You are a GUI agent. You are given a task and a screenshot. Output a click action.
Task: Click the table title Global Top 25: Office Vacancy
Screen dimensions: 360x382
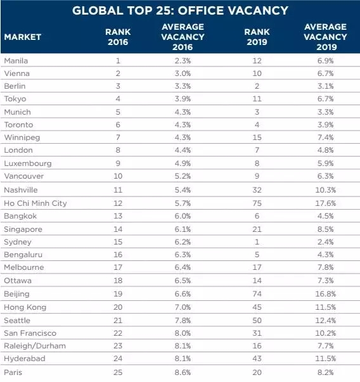(x=180, y=11)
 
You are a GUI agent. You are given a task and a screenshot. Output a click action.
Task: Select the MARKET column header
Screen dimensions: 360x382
(x=23, y=37)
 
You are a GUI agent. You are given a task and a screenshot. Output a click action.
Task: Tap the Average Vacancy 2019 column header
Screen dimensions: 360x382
(x=326, y=37)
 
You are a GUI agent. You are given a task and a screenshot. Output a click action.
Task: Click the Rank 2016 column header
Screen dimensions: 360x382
(x=118, y=37)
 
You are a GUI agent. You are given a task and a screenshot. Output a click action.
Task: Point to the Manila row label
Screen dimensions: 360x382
(x=16, y=61)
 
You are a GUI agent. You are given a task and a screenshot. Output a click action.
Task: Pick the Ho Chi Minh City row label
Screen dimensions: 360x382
(x=35, y=203)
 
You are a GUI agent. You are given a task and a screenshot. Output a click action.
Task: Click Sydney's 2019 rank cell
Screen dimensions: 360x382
(x=257, y=242)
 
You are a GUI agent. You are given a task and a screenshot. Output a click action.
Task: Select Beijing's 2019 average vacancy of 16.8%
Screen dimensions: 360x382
(x=326, y=294)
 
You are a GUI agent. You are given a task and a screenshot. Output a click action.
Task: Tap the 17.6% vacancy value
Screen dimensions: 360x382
(x=326, y=203)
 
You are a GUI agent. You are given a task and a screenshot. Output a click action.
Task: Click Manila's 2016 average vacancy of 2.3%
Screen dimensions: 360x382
(x=183, y=61)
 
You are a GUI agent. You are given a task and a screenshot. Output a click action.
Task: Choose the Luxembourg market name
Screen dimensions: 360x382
(x=28, y=163)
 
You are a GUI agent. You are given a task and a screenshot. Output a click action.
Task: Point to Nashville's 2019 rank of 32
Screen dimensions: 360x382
(x=257, y=190)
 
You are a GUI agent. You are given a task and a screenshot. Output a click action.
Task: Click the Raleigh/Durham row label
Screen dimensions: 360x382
(x=35, y=346)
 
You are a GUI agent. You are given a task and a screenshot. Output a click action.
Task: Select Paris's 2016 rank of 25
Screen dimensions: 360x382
(x=118, y=372)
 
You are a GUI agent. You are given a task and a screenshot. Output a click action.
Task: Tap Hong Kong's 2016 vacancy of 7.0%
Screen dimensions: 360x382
(x=183, y=307)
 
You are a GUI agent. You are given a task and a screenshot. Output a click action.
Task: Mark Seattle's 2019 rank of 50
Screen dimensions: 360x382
(x=257, y=321)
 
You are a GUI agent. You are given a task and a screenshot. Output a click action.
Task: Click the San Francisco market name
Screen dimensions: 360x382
(x=30, y=333)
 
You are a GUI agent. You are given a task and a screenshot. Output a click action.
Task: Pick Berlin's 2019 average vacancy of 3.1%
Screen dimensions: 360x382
(x=326, y=86)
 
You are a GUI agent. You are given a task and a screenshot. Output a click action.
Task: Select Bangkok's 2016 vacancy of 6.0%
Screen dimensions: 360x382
(x=183, y=216)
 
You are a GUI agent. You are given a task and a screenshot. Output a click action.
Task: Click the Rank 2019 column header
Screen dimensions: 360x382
(x=257, y=37)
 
